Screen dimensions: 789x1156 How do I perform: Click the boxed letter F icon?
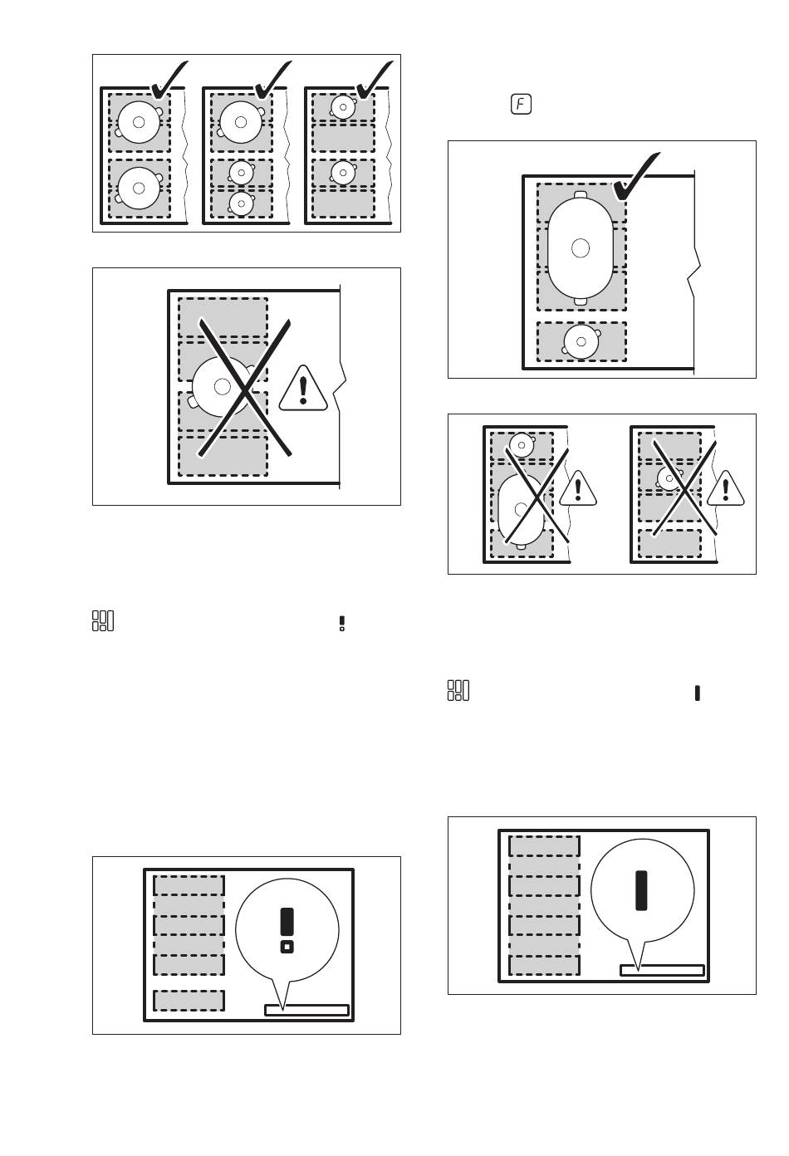[521, 105]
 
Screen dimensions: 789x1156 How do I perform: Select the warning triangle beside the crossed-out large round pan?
[303, 389]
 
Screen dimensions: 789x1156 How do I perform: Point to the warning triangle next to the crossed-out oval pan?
[578, 488]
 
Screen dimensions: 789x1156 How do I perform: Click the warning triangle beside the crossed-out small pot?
[726, 488]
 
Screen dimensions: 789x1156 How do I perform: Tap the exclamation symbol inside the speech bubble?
[287, 930]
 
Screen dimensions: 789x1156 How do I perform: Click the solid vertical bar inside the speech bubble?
[641, 890]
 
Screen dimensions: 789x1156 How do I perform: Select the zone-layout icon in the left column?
[103, 621]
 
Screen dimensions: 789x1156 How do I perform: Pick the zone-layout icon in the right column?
[458, 690]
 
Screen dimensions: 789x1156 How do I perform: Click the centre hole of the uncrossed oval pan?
[581, 248]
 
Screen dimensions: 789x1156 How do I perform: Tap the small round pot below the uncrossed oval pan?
[581, 341]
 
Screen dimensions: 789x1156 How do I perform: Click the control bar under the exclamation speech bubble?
[307, 1010]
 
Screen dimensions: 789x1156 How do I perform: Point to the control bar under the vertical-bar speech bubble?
[662, 970]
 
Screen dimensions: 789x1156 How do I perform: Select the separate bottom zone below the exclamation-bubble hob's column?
[189, 1001]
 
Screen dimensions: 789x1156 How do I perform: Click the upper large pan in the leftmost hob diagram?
[140, 122]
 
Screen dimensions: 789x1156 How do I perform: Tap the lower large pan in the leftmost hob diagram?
[140, 188]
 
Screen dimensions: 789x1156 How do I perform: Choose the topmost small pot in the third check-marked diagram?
[343, 107]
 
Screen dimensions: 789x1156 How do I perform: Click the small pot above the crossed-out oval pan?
[522, 445]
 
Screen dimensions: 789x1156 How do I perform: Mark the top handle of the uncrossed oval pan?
[581, 194]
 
